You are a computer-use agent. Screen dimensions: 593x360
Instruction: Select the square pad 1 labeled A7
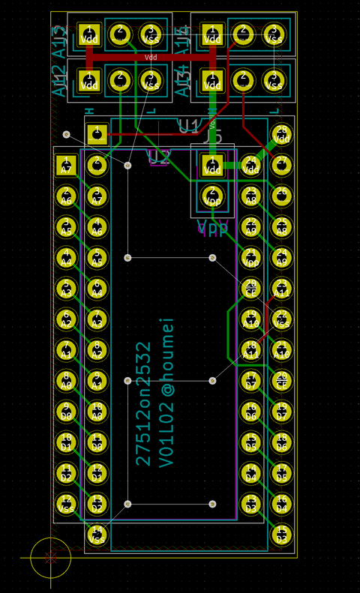tap(66, 166)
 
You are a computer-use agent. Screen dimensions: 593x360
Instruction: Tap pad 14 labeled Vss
tap(97, 535)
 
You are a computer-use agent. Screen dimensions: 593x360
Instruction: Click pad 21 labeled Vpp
tap(251, 258)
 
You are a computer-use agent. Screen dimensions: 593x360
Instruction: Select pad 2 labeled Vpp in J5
tap(212, 196)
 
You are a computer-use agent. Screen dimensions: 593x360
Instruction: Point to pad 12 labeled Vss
tap(66, 504)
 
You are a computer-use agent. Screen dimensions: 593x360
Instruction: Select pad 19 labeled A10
tap(251, 319)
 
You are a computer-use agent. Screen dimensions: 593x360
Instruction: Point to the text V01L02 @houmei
tap(166, 391)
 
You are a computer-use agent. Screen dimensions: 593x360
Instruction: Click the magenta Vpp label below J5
tap(212, 228)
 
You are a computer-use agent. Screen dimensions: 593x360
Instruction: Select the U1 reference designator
tap(189, 126)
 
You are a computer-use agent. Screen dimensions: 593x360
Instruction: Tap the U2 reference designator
tap(159, 157)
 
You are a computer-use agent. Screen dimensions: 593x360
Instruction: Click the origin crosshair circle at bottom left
tap(50, 558)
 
